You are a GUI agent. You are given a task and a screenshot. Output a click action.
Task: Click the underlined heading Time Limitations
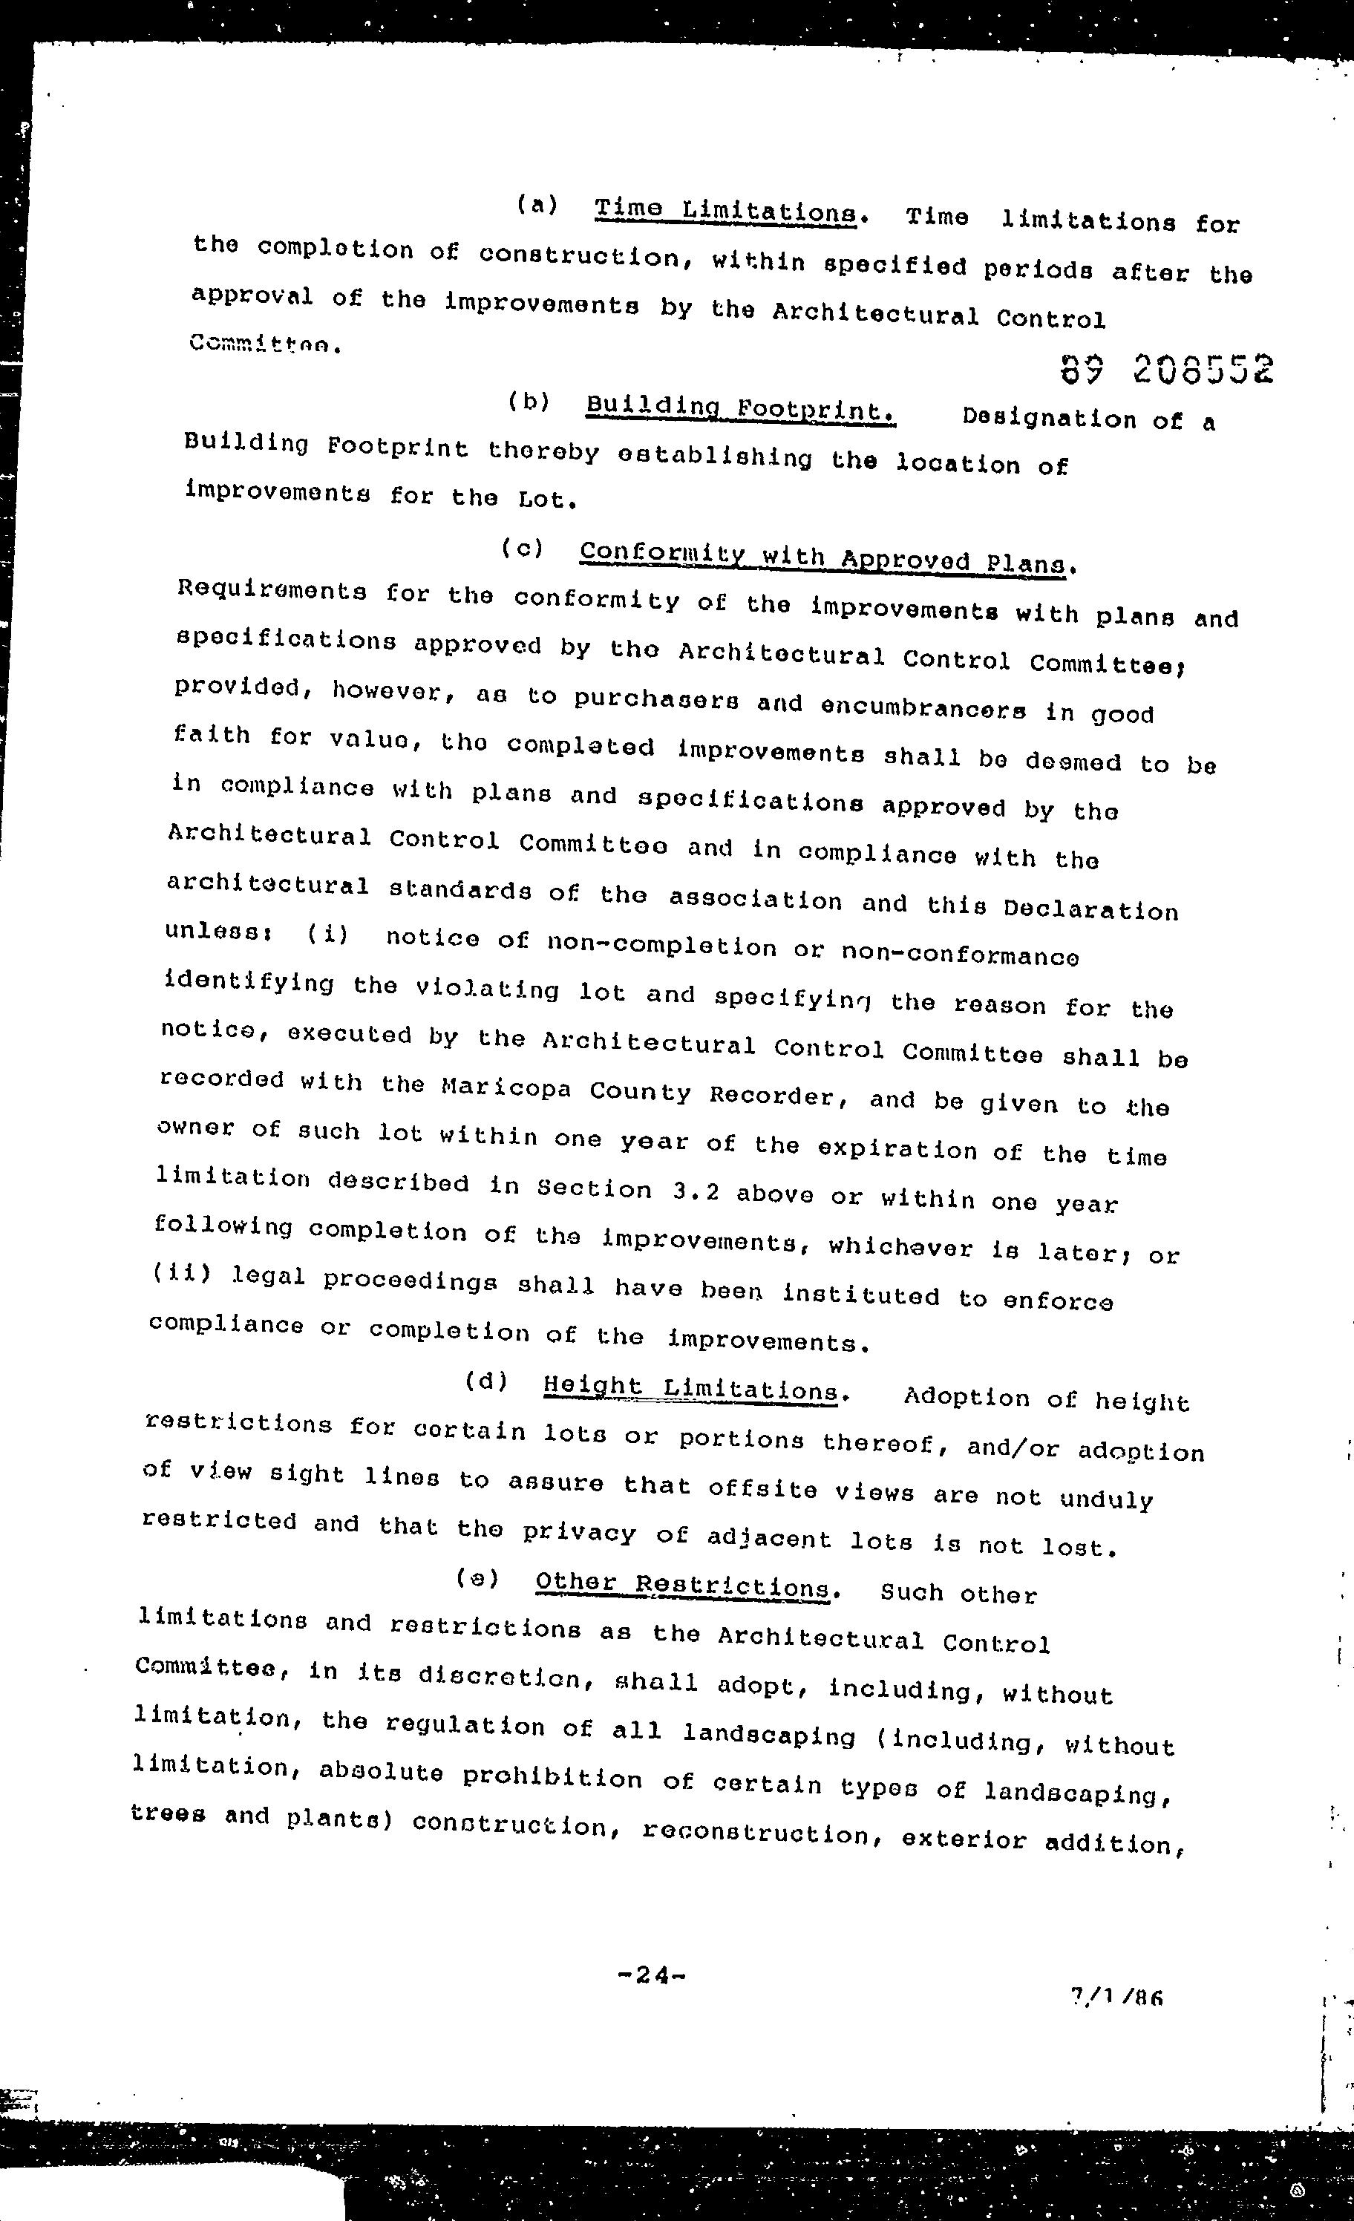click(726, 211)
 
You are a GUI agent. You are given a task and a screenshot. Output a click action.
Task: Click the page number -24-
click(652, 1975)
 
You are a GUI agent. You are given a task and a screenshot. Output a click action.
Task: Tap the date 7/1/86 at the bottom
click(1116, 1998)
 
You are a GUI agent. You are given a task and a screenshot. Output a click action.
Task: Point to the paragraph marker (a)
click(537, 206)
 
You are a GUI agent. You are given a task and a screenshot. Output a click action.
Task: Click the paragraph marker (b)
click(529, 402)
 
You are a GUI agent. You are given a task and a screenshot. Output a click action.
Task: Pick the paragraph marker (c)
click(523, 548)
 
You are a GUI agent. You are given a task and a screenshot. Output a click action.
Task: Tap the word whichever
click(900, 1248)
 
